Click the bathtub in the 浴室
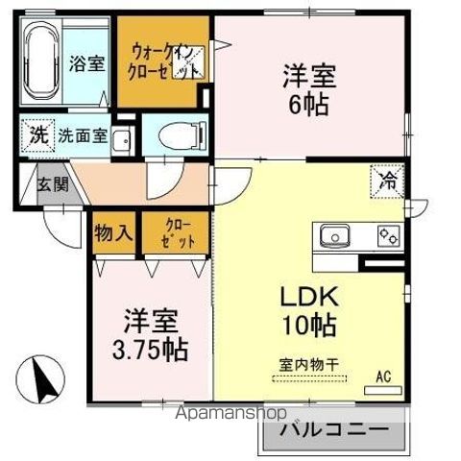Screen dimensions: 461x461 tap(40, 64)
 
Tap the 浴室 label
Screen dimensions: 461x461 tap(87, 65)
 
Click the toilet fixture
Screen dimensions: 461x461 tap(177, 135)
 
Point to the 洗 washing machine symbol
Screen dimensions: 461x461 tap(36, 134)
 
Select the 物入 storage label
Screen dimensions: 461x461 tap(114, 234)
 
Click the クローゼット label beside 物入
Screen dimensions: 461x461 tap(170, 234)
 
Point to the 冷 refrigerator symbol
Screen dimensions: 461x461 tap(387, 180)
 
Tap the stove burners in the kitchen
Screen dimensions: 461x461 tap(389, 233)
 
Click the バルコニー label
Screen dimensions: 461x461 tap(333, 429)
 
